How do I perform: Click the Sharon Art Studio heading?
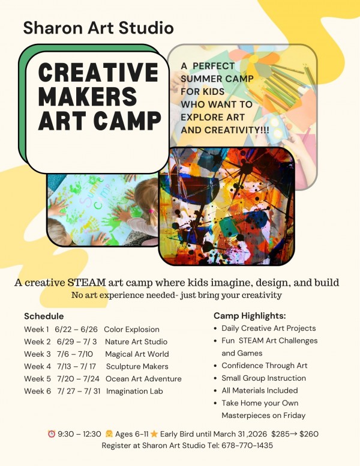(98, 28)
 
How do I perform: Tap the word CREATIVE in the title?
(98, 72)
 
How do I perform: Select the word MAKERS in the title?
(88, 96)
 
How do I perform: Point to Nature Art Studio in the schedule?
(136, 342)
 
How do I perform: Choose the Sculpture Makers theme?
(137, 366)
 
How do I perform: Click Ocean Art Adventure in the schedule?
(143, 378)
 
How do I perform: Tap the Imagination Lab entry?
(134, 391)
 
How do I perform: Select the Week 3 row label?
(37, 354)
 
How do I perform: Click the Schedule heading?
(44, 316)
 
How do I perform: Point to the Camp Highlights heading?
(250, 316)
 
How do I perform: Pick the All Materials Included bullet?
(260, 390)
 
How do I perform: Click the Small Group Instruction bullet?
(264, 378)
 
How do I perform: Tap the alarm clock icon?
(52, 434)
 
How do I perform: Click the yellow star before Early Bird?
(154, 434)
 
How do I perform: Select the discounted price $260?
(309, 434)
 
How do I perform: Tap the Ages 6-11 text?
(131, 434)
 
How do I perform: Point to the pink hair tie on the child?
(151, 211)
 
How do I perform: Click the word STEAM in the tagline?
(86, 282)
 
